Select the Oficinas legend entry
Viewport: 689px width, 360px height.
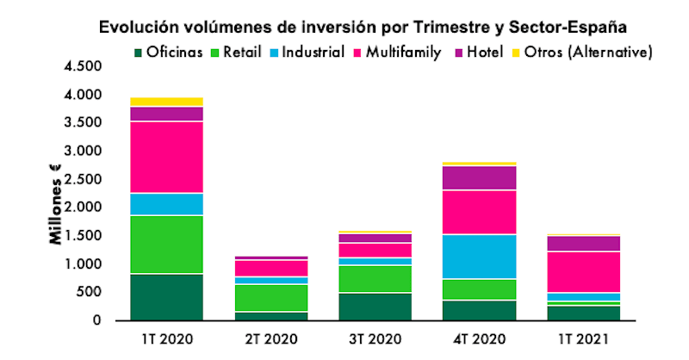click(x=172, y=53)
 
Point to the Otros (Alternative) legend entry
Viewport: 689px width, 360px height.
click(x=586, y=53)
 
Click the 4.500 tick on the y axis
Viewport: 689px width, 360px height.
click(x=83, y=66)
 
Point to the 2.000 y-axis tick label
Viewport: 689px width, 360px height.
click(x=83, y=208)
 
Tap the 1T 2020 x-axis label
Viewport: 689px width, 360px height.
click(x=166, y=340)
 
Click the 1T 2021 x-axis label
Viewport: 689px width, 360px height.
click(x=585, y=340)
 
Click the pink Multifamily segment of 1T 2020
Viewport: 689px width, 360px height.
click(x=166, y=157)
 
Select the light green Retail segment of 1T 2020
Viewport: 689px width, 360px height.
click(x=166, y=245)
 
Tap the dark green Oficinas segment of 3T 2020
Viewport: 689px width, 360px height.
click(x=376, y=306)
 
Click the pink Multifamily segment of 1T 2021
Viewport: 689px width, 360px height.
click(x=585, y=271)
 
